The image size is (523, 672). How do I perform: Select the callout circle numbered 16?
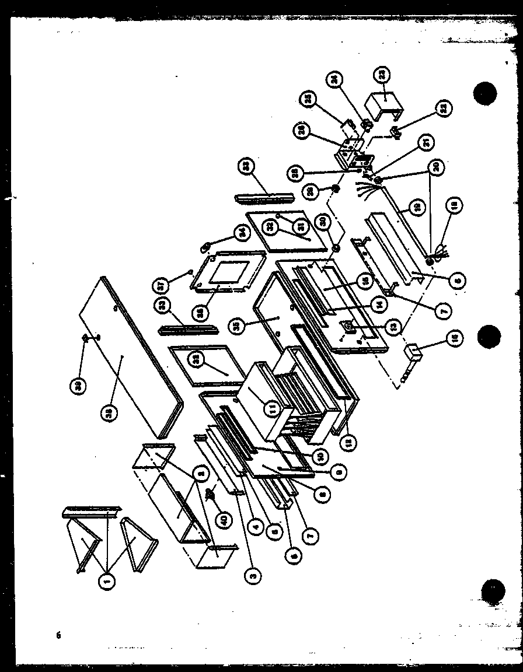[453, 337]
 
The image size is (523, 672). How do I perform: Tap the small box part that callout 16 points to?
[413, 352]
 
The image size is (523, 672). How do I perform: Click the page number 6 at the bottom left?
[58, 636]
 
